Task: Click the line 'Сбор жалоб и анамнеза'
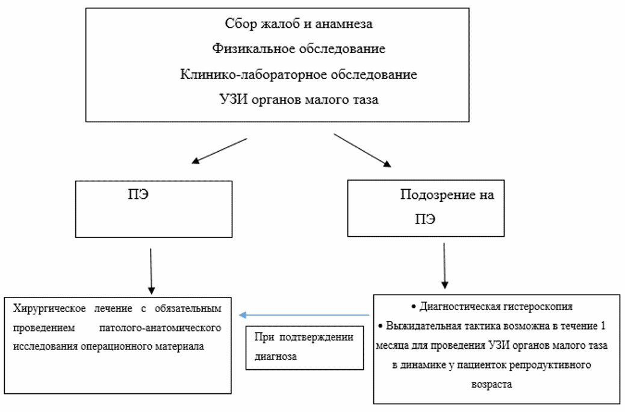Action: [299, 24]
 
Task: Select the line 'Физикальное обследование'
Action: [299, 49]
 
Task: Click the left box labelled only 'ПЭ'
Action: [154, 208]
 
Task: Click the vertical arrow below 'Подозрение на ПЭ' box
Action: [444, 266]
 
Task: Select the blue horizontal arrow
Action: [303, 314]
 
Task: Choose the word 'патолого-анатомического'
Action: [170, 328]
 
